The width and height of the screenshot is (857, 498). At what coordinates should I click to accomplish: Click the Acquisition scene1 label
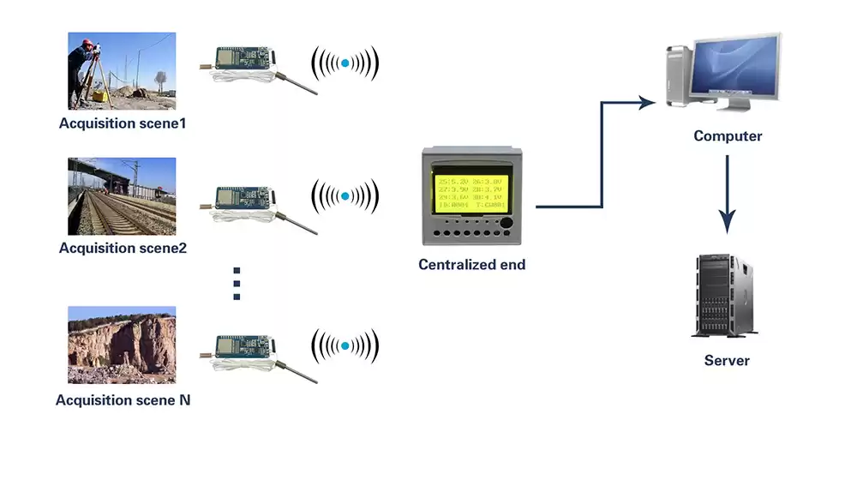coord(123,123)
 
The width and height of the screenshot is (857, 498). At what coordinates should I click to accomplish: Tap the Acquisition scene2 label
coord(123,249)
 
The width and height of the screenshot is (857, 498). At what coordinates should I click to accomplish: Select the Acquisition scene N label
coord(123,400)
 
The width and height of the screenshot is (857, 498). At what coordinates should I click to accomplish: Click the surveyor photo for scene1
coord(122,71)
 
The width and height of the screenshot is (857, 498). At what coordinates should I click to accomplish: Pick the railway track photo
coord(122,196)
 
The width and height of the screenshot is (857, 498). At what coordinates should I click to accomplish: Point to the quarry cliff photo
coord(122,345)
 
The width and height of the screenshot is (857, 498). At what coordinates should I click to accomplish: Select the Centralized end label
coord(471,265)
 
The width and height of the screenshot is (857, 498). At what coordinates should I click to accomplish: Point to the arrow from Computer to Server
coord(728,194)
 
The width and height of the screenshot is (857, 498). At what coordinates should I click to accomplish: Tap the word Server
coord(727,361)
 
